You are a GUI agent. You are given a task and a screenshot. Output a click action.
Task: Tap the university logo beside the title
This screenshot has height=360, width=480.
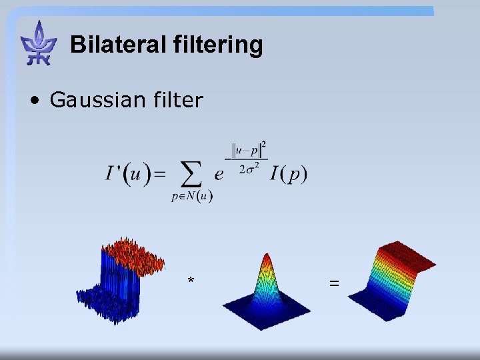(39, 43)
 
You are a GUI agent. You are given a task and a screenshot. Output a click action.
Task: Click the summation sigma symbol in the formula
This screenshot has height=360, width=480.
(193, 175)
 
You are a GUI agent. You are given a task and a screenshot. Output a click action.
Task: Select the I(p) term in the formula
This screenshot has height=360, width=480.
(289, 175)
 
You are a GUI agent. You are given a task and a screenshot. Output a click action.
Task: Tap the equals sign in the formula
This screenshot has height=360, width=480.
(160, 175)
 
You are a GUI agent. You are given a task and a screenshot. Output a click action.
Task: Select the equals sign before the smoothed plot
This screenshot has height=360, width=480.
(333, 283)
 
